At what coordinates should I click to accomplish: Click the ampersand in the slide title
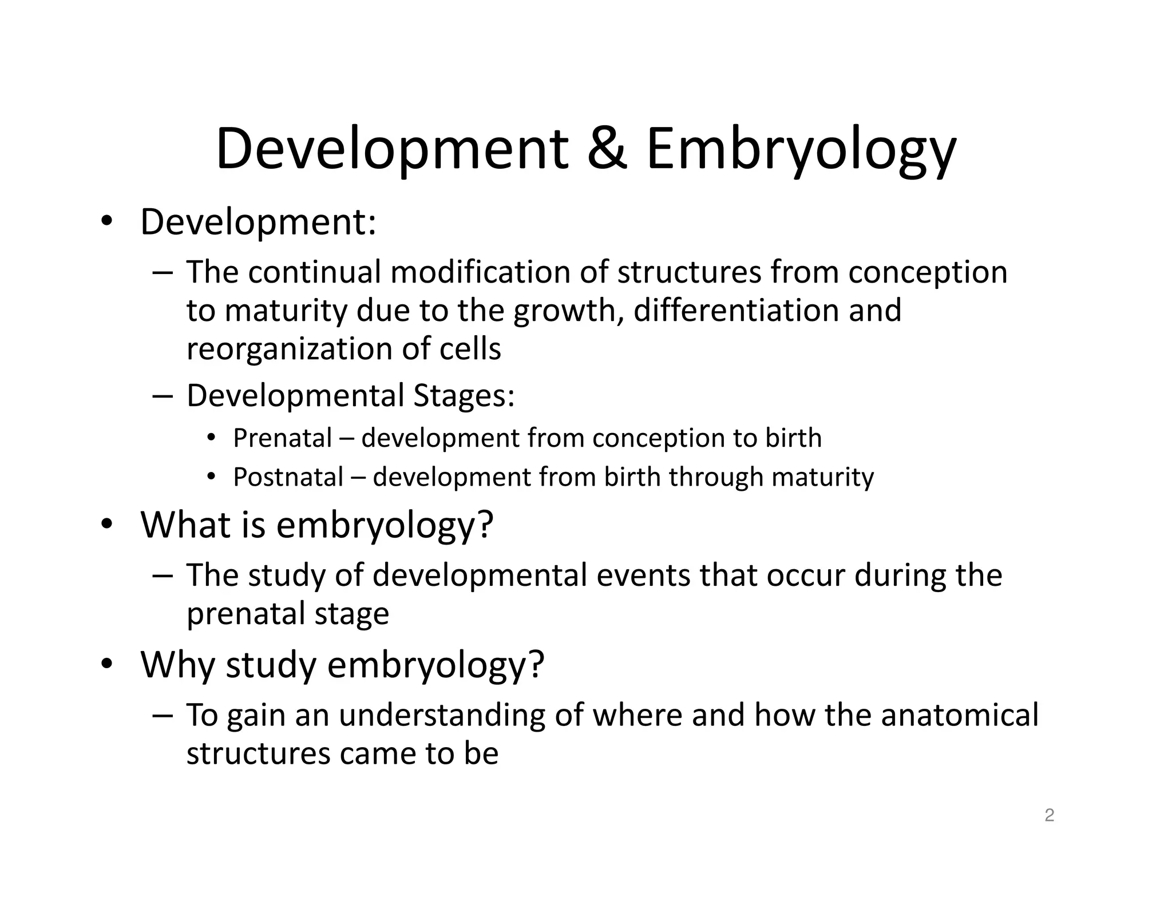point(607,149)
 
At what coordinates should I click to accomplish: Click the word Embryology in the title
point(801,150)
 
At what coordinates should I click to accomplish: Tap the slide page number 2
point(1049,815)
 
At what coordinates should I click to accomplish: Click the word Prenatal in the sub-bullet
point(282,438)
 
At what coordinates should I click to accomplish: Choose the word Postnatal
point(288,477)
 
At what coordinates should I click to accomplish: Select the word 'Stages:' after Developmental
point(464,395)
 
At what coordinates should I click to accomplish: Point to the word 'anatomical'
point(960,715)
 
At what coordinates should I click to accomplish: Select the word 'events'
point(643,575)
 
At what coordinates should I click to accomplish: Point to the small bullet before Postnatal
point(211,477)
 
